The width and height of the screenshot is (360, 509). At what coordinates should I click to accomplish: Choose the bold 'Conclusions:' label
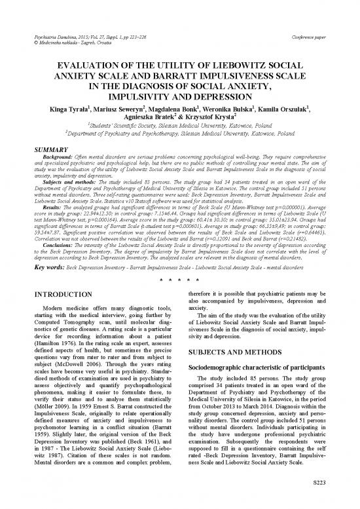[42, 244]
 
